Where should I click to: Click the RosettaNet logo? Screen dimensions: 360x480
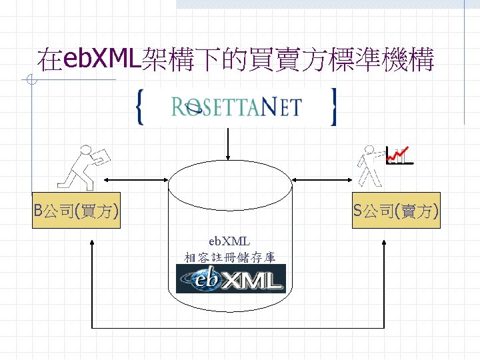[236, 107]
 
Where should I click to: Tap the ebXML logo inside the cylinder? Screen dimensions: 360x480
[231, 279]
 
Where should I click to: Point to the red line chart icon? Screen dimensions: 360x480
[399, 155]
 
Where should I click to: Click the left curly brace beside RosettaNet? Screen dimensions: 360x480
[139, 107]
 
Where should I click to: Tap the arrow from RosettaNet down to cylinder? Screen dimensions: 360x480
[229, 143]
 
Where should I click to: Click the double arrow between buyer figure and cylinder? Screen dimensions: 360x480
[136, 179]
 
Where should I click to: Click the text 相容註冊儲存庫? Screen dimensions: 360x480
[229, 257]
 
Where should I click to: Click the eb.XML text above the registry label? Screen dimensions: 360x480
[229, 241]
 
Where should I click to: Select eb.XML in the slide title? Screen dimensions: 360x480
[100, 59]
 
